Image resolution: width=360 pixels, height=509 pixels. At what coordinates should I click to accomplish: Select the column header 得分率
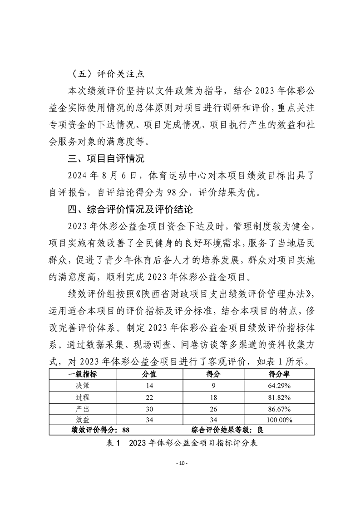[x=279, y=375]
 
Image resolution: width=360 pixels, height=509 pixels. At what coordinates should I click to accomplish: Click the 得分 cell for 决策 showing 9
[x=209, y=386]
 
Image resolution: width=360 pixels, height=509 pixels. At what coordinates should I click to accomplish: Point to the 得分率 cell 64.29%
[x=279, y=386]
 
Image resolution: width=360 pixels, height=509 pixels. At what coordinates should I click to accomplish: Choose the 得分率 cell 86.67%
[x=279, y=409]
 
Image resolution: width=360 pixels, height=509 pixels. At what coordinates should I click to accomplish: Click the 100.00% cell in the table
[x=279, y=420]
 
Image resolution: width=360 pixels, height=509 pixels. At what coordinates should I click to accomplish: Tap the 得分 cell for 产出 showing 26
[x=209, y=409]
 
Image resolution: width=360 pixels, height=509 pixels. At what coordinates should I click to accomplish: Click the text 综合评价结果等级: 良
[x=227, y=430]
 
